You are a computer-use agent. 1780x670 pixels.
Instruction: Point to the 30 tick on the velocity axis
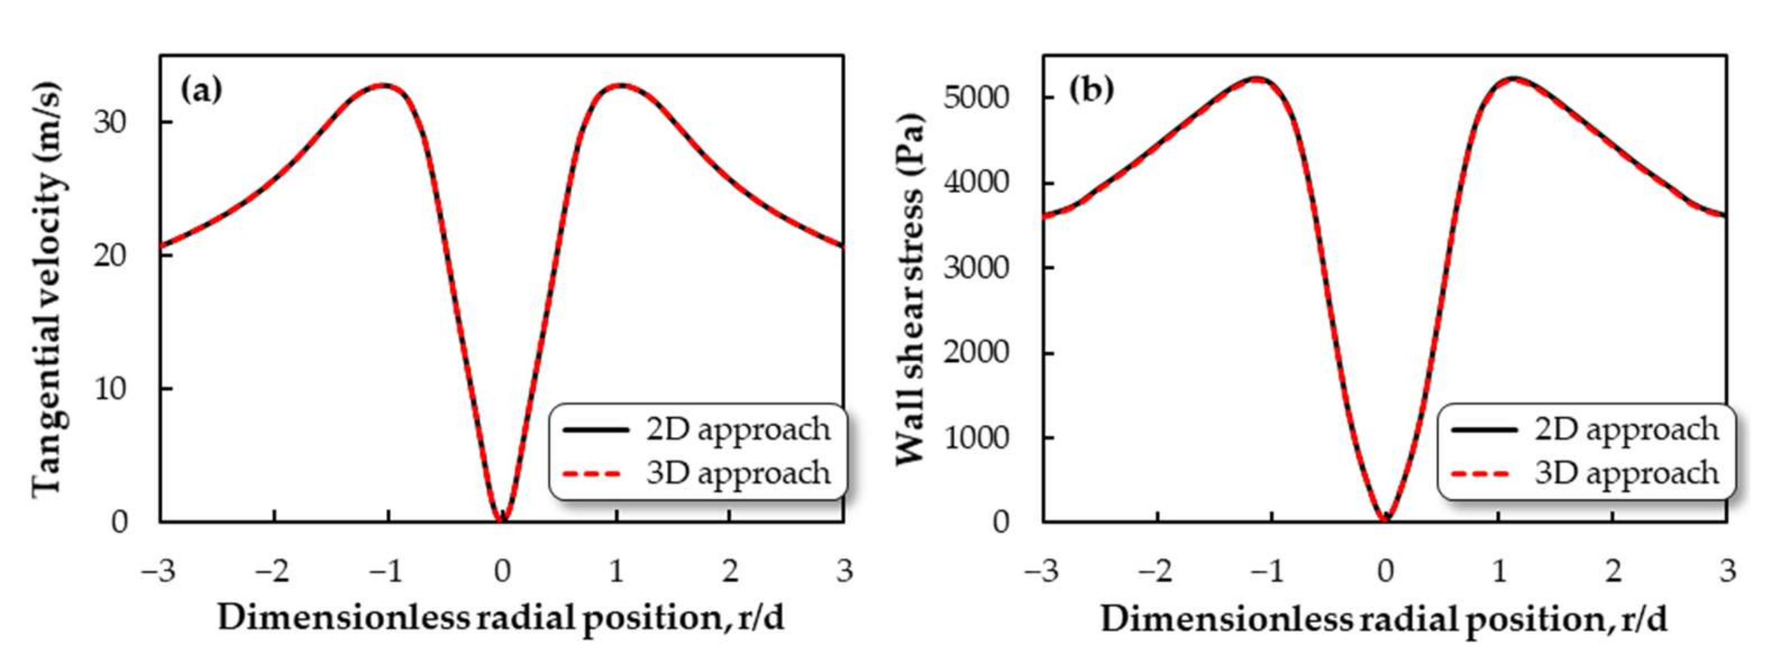111,122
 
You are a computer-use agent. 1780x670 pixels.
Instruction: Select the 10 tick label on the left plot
111,389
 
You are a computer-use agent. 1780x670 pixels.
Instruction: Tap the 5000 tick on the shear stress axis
976,97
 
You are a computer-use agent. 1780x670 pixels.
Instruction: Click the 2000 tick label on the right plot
976,352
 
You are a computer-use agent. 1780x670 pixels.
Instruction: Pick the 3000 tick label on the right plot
976,268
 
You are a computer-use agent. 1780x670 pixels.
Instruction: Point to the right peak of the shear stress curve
1510,79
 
